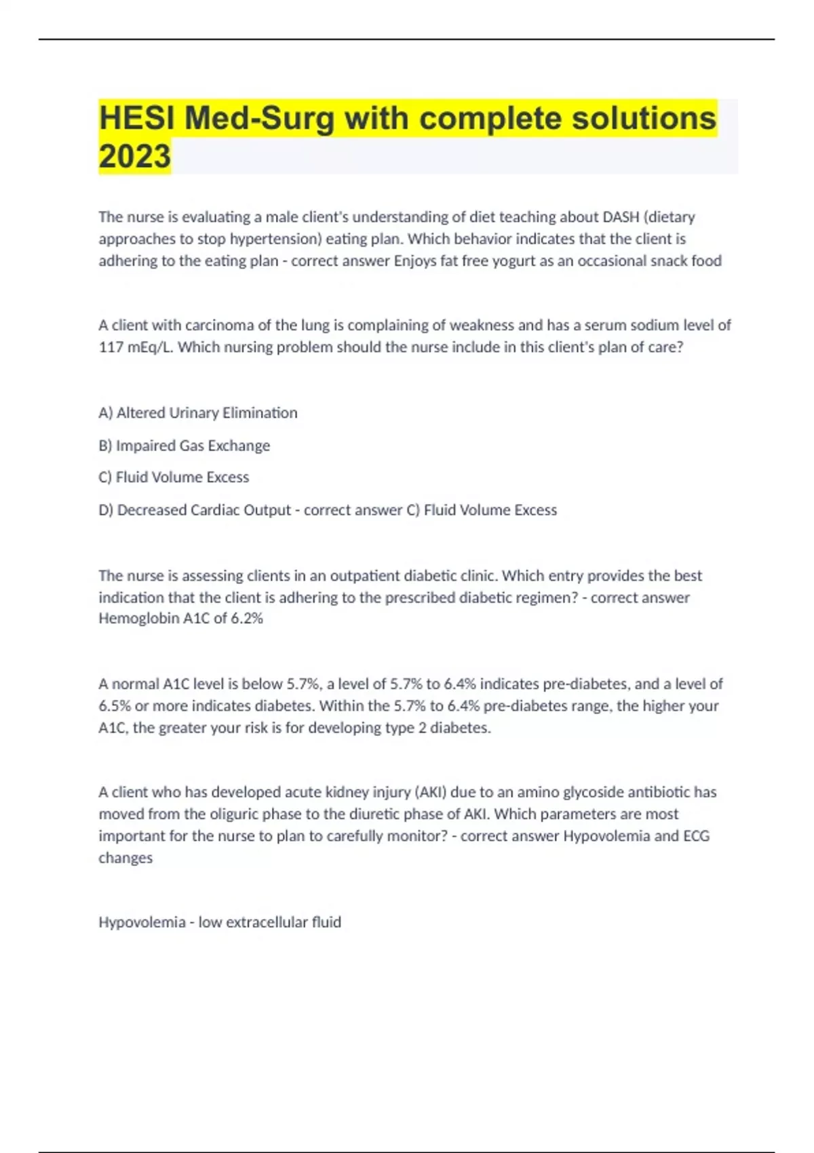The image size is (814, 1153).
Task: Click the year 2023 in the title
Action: click(x=134, y=156)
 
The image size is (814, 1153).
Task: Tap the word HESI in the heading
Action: click(x=137, y=118)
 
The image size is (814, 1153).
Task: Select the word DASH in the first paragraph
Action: click(x=621, y=217)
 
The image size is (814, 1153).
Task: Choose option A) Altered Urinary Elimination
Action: click(x=198, y=413)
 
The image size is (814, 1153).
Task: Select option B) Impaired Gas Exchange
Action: click(x=185, y=446)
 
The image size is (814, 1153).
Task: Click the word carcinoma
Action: click(x=218, y=326)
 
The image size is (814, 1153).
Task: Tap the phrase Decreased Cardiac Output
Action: click(x=203, y=510)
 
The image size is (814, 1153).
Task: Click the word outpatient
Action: click(x=365, y=576)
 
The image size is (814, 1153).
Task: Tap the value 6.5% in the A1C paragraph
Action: click(x=114, y=705)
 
